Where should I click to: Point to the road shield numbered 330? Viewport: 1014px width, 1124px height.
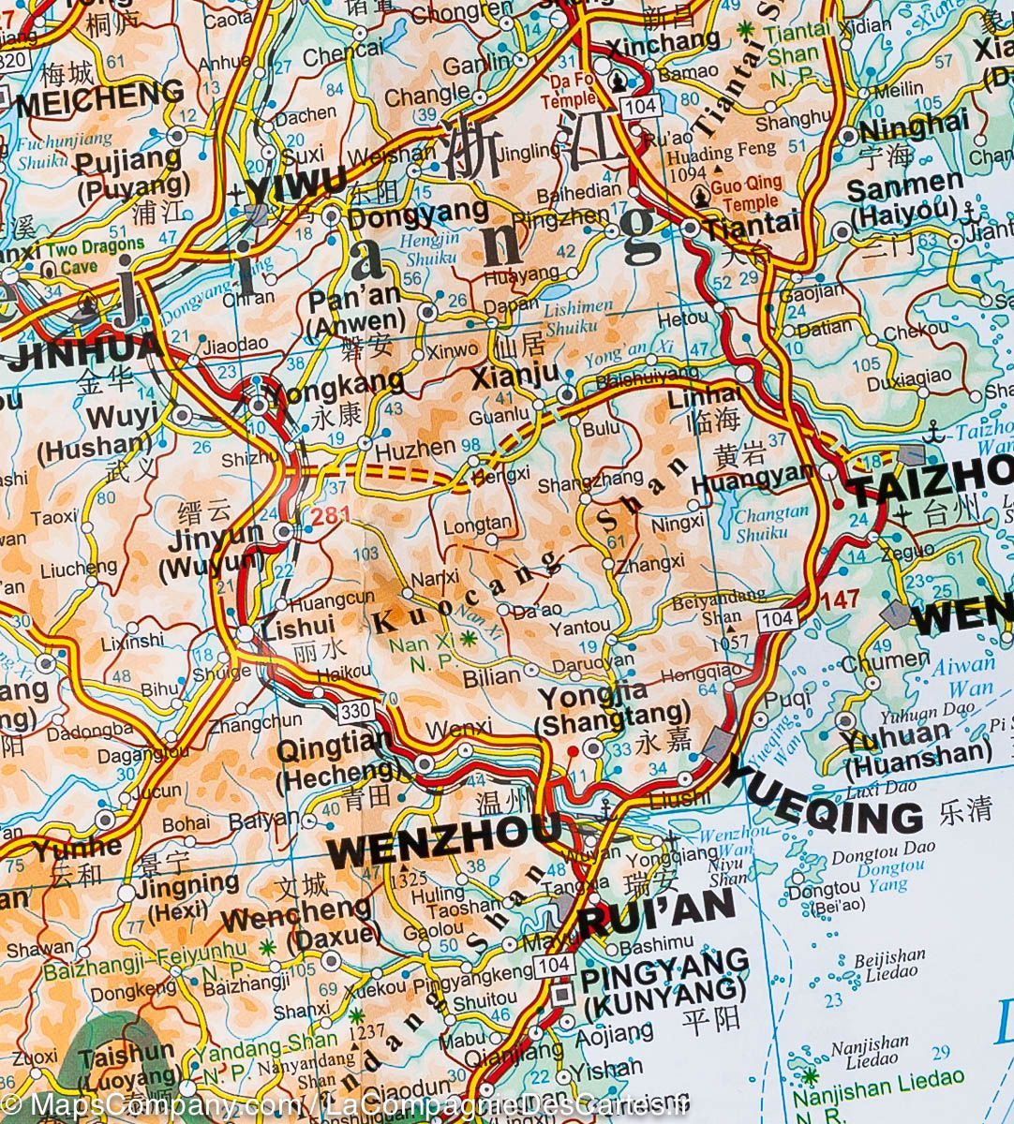coord(356,711)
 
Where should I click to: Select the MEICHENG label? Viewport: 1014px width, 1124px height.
coord(99,96)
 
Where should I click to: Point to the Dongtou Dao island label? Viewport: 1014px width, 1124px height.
coord(872,851)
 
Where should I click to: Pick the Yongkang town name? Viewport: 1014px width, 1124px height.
coord(337,381)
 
